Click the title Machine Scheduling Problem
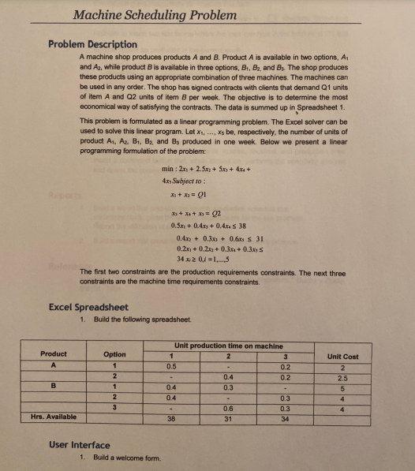pyautogui.click(x=154, y=15)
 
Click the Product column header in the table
pyautogui.click(x=54, y=353)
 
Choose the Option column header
pyautogui.click(x=115, y=354)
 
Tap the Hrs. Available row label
pyautogui.click(x=53, y=416)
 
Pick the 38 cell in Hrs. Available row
pyautogui.click(x=170, y=420)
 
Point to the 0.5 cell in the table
pyautogui.click(x=170, y=365)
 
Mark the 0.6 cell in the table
pyautogui.click(x=227, y=407)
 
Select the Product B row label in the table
pyautogui.click(x=54, y=387)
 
